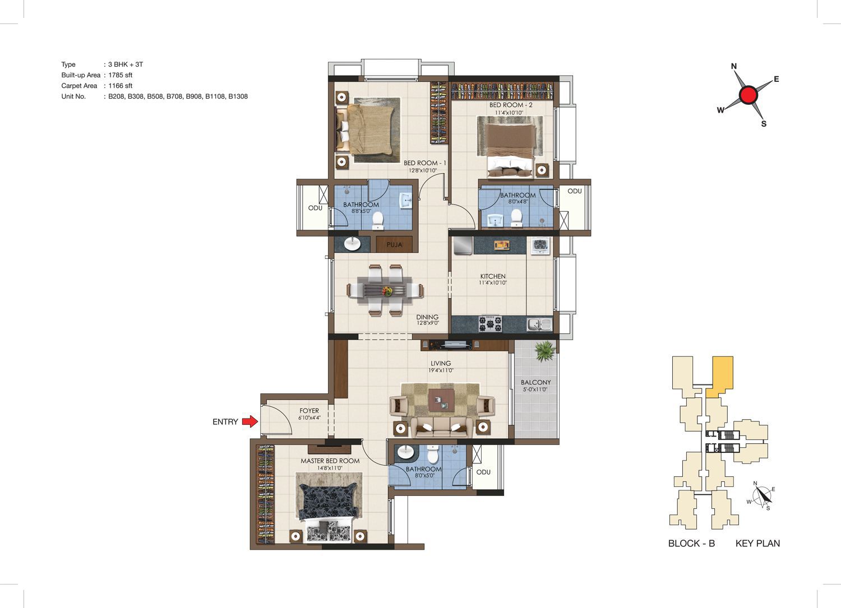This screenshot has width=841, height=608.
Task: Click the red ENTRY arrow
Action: click(x=249, y=421)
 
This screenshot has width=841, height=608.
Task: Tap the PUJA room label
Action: click(x=394, y=245)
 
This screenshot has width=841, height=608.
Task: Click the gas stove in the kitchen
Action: click(x=490, y=323)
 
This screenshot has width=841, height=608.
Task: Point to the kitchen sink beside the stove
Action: click(x=539, y=324)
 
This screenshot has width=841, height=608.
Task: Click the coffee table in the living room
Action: click(x=441, y=401)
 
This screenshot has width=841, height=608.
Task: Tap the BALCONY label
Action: click(x=536, y=382)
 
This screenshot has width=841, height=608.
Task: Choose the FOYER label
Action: click(x=309, y=411)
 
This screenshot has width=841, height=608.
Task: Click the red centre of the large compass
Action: click(x=748, y=95)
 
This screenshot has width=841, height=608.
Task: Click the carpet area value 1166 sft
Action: click(x=120, y=86)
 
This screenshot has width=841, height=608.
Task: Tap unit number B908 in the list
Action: click(x=194, y=96)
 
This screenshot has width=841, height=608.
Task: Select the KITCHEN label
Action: click(x=493, y=276)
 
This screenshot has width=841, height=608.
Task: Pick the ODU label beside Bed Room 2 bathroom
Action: click(x=575, y=191)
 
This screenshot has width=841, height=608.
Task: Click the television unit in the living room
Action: click(x=450, y=345)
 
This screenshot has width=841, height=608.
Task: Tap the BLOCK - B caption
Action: click(x=691, y=544)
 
